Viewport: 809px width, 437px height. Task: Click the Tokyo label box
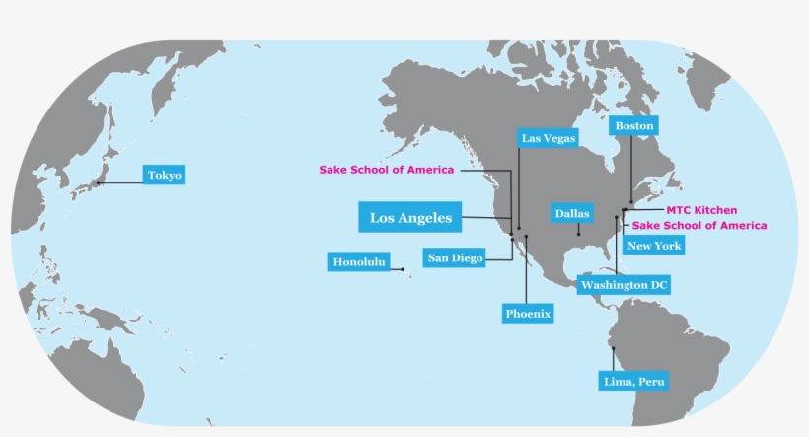(x=164, y=176)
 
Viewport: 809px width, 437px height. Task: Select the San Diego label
(x=455, y=258)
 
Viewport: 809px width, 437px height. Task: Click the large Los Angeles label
(x=410, y=217)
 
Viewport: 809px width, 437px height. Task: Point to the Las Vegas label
(x=549, y=138)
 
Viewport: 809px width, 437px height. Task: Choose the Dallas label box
(x=572, y=213)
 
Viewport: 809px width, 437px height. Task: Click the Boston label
(x=633, y=126)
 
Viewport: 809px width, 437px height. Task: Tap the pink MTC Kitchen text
(x=701, y=210)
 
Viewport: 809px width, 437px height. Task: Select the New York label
(x=654, y=246)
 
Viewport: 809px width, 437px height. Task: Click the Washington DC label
(x=624, y=285)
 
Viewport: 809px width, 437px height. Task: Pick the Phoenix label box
(x=528, y=314)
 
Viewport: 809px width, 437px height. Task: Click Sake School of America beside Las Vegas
(x=387, y=170)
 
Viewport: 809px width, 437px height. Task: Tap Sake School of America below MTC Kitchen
(x=699, y=226)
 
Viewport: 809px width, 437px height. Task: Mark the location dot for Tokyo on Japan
(x=98, y=182)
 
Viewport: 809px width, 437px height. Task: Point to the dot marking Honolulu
(x=404, y=269)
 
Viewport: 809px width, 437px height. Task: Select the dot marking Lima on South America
(x=613, y=348)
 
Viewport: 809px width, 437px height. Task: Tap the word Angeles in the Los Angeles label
(x=430, y=217)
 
